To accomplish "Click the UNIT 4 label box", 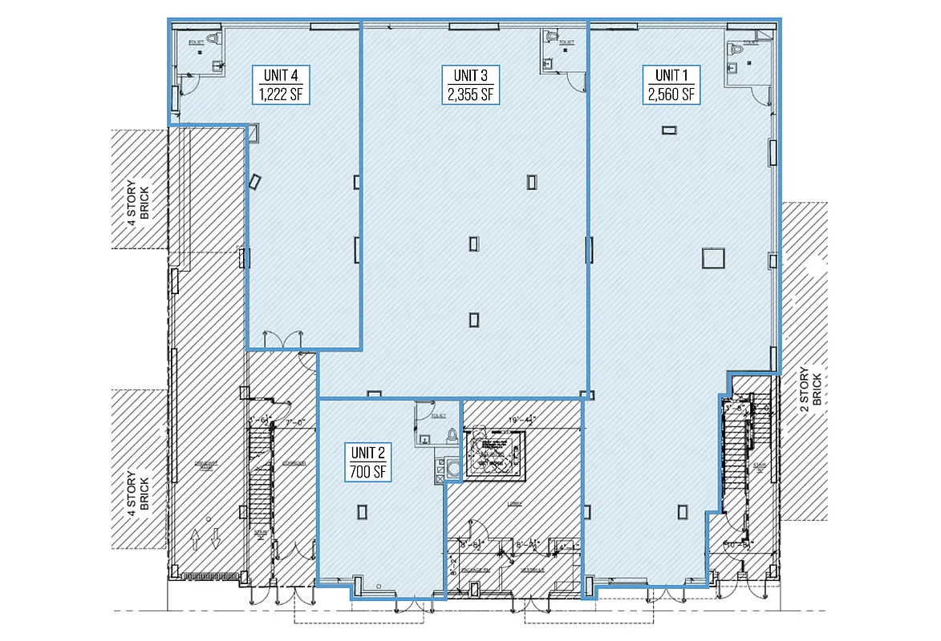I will pyautogui.click(x=280, y=84).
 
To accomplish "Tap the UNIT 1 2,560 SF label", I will pyautogui.click(x=671, y=84).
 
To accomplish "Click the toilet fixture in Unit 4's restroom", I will pyautogui.click(x=213, y=39).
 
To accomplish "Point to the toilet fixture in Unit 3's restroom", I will pyautogui.click(x=551, y=37).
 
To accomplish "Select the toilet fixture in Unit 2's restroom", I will pyautogui.click(x=452, y=435).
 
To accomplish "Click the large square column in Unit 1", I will pyautogui.click(x=712, y=258).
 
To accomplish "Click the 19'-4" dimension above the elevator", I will pyautogui.click(x=521, y=419).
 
